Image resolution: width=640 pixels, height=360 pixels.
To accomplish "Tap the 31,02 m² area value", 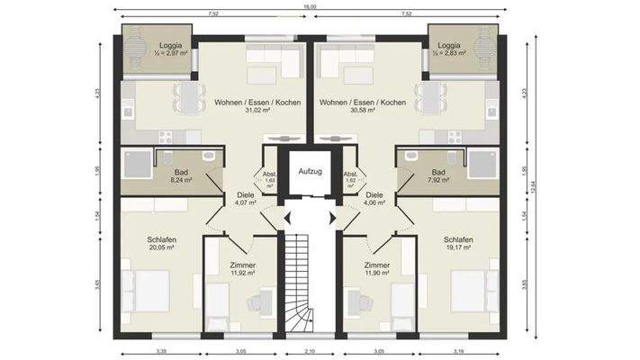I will coord(245,112).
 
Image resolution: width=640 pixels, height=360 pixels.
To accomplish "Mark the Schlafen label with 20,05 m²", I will coord(162,239).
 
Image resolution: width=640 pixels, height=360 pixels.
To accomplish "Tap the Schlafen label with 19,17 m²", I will coord(458,239).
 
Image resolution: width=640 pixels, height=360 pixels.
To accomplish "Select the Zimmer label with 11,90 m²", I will coord(376,265).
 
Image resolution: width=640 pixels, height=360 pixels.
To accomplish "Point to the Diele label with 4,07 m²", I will coord(244,193).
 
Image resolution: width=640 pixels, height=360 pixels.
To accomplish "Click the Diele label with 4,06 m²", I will coord(374,193).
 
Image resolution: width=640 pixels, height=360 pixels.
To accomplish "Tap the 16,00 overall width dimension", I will coord(309,6).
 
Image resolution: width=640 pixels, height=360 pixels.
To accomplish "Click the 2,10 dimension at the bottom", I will coord(310,352).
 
